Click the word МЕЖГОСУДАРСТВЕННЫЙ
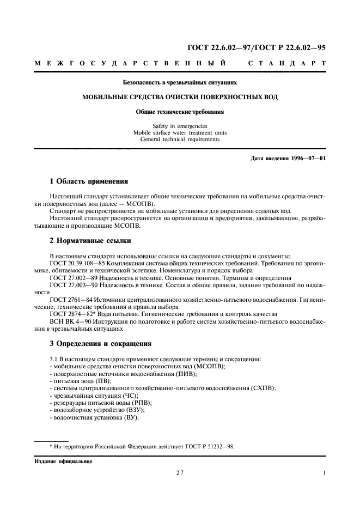131,64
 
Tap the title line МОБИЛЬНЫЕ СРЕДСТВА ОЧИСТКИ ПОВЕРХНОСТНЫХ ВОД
180,97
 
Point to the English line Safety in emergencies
180,126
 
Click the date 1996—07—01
307,159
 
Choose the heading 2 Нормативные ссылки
90,240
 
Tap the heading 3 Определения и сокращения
100,344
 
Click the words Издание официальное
63,462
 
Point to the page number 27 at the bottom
180,473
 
